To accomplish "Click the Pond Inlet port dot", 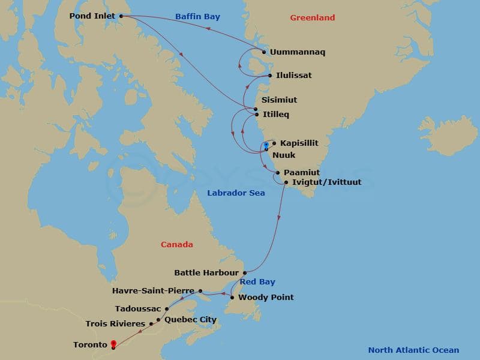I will [x=121, y=16].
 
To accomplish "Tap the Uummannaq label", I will [x=297, y=52].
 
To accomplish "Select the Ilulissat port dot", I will [x=271, y=76].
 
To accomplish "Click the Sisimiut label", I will [x=279, y=100].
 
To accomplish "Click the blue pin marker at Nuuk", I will [x=266, y=145].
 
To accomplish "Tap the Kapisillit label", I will [x=299, y=143].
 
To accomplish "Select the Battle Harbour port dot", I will [x=245, y=272].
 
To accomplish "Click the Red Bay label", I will [x=258, y=281].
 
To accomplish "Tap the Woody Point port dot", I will [x=232, y=297].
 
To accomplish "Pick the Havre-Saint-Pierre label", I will [x=153, y=291].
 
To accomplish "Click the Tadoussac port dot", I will [x=166, y=309].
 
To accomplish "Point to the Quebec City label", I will [x=190, y=320].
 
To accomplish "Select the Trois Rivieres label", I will [x=115, y=324].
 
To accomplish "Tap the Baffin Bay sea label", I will [x=197, y=17].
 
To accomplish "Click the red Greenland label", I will [x=313, y=18].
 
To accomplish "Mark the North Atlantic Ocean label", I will [x=413, y=350].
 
